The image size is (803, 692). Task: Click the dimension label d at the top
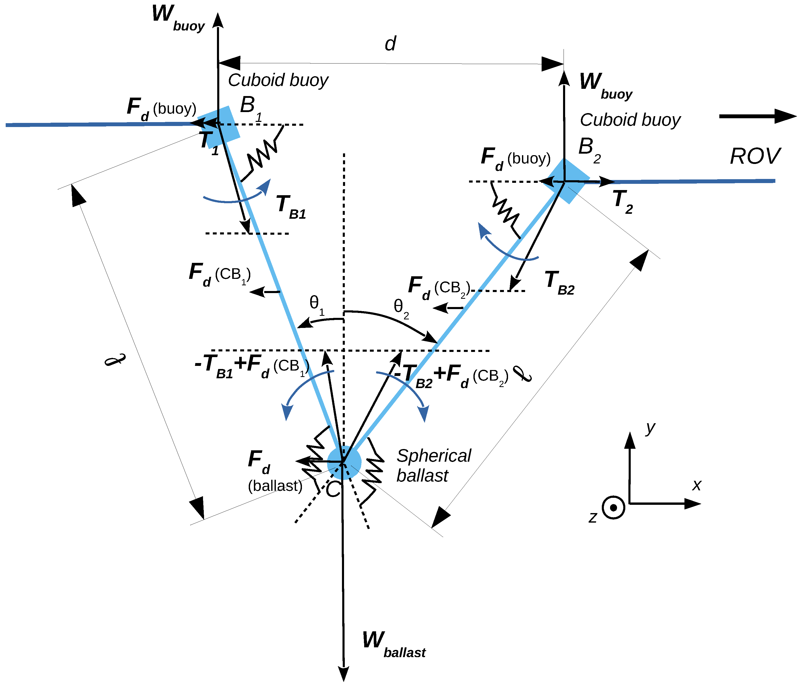[390, 44]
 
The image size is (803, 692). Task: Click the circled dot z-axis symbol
[613, 507]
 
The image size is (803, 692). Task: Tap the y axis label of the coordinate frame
[650, 428]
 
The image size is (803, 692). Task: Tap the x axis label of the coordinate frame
[696, 485]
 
